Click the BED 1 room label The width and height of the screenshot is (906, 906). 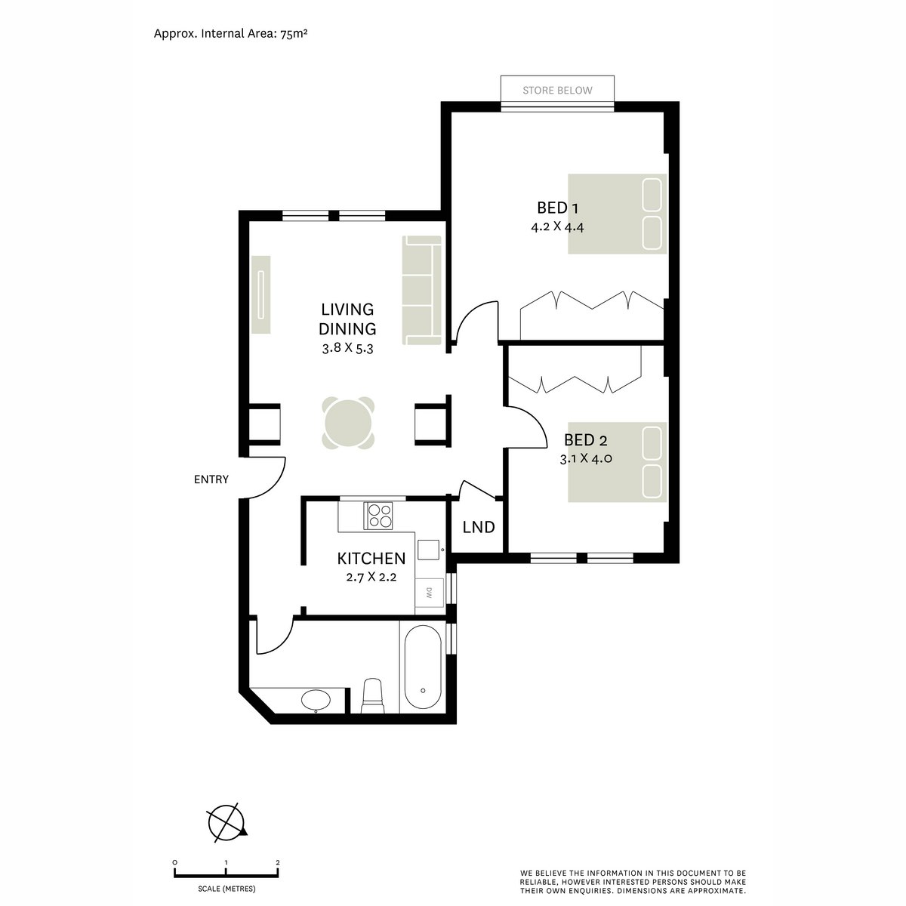tap(557, 207)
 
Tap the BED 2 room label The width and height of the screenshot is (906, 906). tap(586, 441)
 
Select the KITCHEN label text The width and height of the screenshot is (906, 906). tap(371, 559)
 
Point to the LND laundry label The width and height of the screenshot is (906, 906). tap(479, 527)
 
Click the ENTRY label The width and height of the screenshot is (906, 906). tap(211, 479)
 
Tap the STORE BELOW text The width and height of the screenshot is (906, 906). tap(557, 91)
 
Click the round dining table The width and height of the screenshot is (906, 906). tap(348, 423)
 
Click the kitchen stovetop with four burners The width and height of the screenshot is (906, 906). tap(379, 515)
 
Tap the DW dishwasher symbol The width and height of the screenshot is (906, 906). tap(428, 593)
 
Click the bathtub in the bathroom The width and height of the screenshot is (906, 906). tap(423, 667)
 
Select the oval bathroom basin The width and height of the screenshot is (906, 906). tap(315, 700)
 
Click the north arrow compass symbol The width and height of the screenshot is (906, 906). tap(226, 821)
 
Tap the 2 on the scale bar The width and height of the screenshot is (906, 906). tap(278, 861)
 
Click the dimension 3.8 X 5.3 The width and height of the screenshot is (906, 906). tap(347, 349)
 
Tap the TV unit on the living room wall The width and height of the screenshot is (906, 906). tap(260, 294)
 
